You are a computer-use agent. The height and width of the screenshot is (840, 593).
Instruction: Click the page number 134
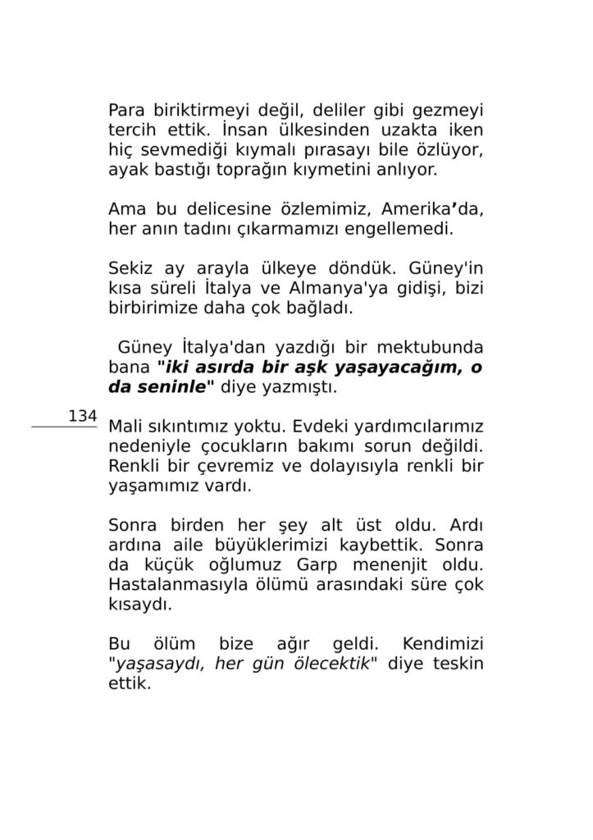[83, 416]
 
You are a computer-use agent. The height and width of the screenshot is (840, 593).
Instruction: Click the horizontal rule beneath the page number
[64, 427]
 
